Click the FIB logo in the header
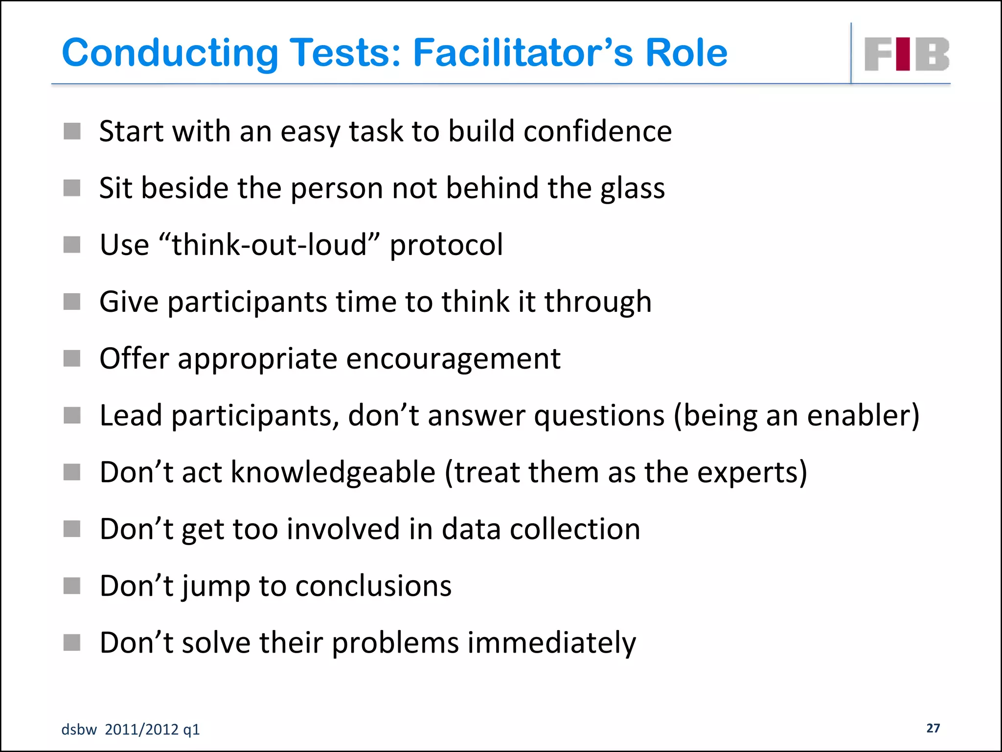[x=907, y=54]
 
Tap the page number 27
[x=933, y=728]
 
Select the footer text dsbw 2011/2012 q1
[x=131, y=729]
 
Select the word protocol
[x=446, y=246]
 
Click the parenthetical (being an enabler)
[x=797, y=416]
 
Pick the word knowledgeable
[x=333, y=473]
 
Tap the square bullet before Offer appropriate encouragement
[x=72, y=358]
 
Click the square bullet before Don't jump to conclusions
[x=72, y=586]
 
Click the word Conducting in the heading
[x=170, y=52]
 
